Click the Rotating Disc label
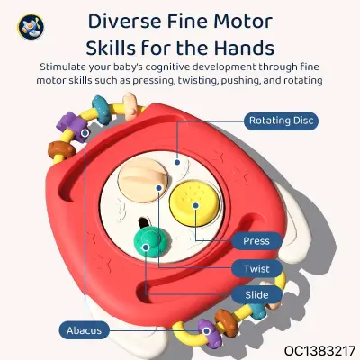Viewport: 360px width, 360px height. tap(281, 121)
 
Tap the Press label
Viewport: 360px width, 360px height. tap(256, 241)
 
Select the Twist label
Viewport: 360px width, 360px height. tap(256, 268)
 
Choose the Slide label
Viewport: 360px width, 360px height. tap(256, 294)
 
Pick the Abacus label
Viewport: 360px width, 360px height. tap(84, 330)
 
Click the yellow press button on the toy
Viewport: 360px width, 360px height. tap(194, 202)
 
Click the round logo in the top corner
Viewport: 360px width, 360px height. tap(31, 27)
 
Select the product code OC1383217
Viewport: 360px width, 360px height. tap(319, 350)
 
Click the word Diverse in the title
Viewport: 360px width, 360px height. tap(124, 22)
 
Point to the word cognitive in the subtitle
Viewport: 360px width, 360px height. tap(167, 67)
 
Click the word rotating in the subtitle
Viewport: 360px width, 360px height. tap(303, 80)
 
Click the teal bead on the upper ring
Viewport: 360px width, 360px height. tap(103, 110)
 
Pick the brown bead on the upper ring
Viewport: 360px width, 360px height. tap(61, 149)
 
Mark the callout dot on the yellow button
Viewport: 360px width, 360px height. tap(195, 205)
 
